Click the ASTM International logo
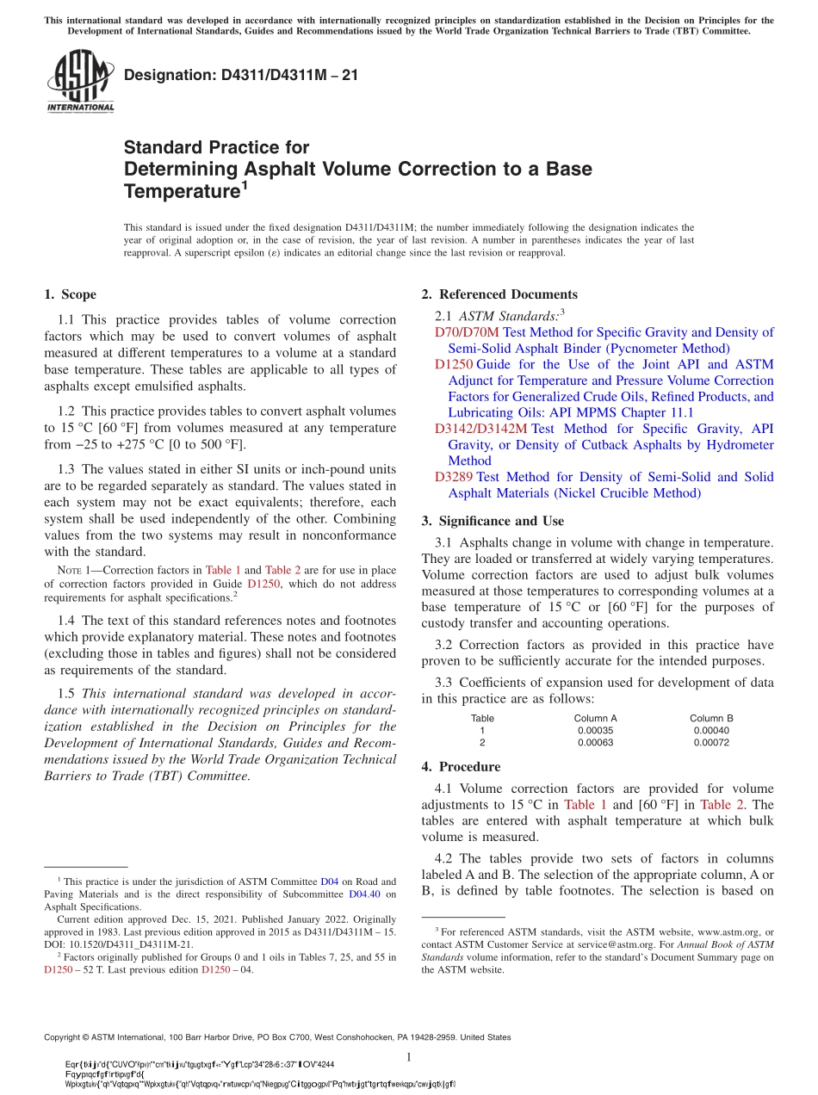[x=80, y=82]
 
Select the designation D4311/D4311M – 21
[x=241, y=76]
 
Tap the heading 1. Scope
[x=70, y=294]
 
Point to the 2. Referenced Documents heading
[x=499, y=294]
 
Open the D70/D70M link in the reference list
[x=466, y=332]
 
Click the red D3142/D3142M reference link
[x=480, y=429]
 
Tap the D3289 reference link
[x=453, y=477]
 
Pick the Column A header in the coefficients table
[x=595, y=718]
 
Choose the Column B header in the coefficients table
[x=711, y=718]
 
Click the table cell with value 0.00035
[x=595, y=730]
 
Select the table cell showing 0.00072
[x=711, y=742]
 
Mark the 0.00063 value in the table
[x=595, y=742]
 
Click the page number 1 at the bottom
[x=409, y=1057]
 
